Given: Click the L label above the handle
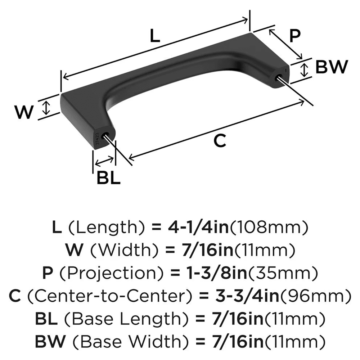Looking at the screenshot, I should point(154,36).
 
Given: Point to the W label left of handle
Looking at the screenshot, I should point(24,113).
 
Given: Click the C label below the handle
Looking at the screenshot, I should point(219,141).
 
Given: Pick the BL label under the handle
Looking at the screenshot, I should point(108,178).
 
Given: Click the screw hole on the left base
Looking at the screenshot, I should point(107,136).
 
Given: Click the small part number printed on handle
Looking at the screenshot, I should point(98,139).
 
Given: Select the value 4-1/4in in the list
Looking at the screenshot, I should point(198,227).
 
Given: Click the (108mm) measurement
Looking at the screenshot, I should point(268,227).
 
